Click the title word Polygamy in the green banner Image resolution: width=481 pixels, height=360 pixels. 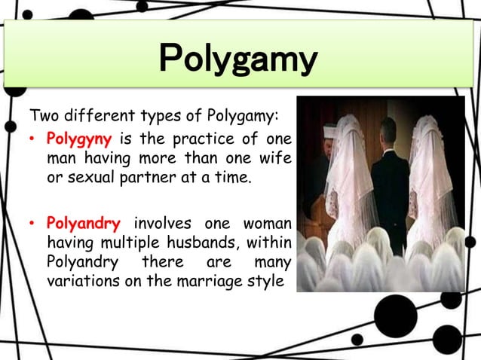(x=238, y=60)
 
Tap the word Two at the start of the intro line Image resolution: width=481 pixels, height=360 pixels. (x=42, y=117)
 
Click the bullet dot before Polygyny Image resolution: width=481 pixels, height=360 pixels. (x=34, y=141)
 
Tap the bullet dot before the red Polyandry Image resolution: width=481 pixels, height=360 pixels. (x=34, y=224)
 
